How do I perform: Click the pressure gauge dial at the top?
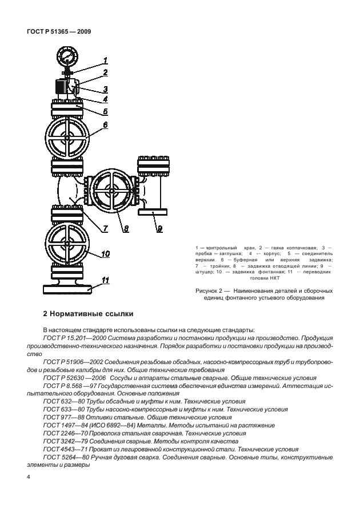[66, 57]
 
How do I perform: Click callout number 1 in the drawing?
[106, 60]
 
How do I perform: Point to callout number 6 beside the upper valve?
[106, 124]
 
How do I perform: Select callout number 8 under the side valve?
[126, 229]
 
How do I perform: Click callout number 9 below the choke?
[160, 229]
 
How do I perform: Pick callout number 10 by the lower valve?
[106, 253]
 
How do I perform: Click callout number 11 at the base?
[106, 280]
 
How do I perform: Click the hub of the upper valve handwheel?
[67, 139]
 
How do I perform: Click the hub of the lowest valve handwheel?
[67, 244]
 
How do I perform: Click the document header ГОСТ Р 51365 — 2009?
[59, 32]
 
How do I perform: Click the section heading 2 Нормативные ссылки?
[87, 313]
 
